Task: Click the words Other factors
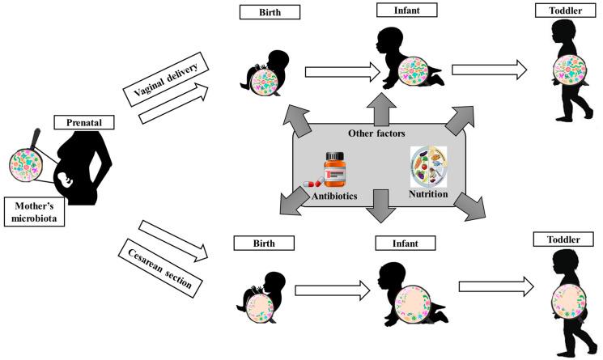376,132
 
